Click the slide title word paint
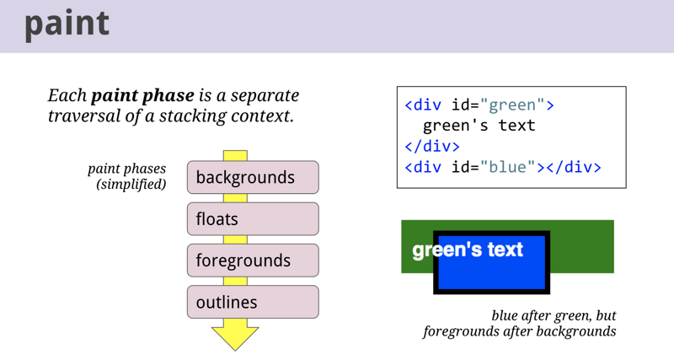(67, 23)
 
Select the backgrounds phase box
(253, 177)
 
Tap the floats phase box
(253, 219)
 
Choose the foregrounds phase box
(253, 261)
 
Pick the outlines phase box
(253, 302)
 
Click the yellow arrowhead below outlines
(235, 335)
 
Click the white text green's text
(468, 250)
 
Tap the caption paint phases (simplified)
(127, 176)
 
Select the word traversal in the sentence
(83, 116)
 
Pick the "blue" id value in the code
(508, 166)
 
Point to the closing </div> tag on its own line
(432, 146)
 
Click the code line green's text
(479, 126)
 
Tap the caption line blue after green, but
(554, 315)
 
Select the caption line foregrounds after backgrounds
(519, 331)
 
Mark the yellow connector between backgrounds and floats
(235, 198)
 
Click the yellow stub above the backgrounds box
(235, 156)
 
